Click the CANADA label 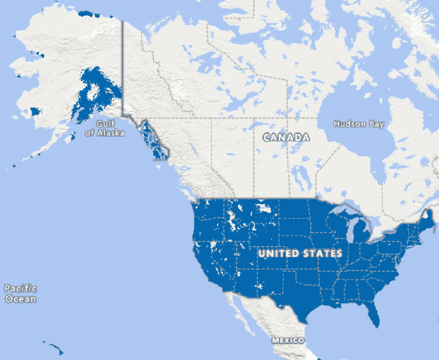(x=286, y=137)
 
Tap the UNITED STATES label (x=300, y=253)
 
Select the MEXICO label (x=288, y=340)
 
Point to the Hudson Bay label (x=359, y=124)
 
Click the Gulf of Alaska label (x=105, y=128)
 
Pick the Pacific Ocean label (x=21, y=294)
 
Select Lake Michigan (x=349, y=230)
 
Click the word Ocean (x=21, y=299)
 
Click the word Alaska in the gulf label (x=110, y=133)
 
